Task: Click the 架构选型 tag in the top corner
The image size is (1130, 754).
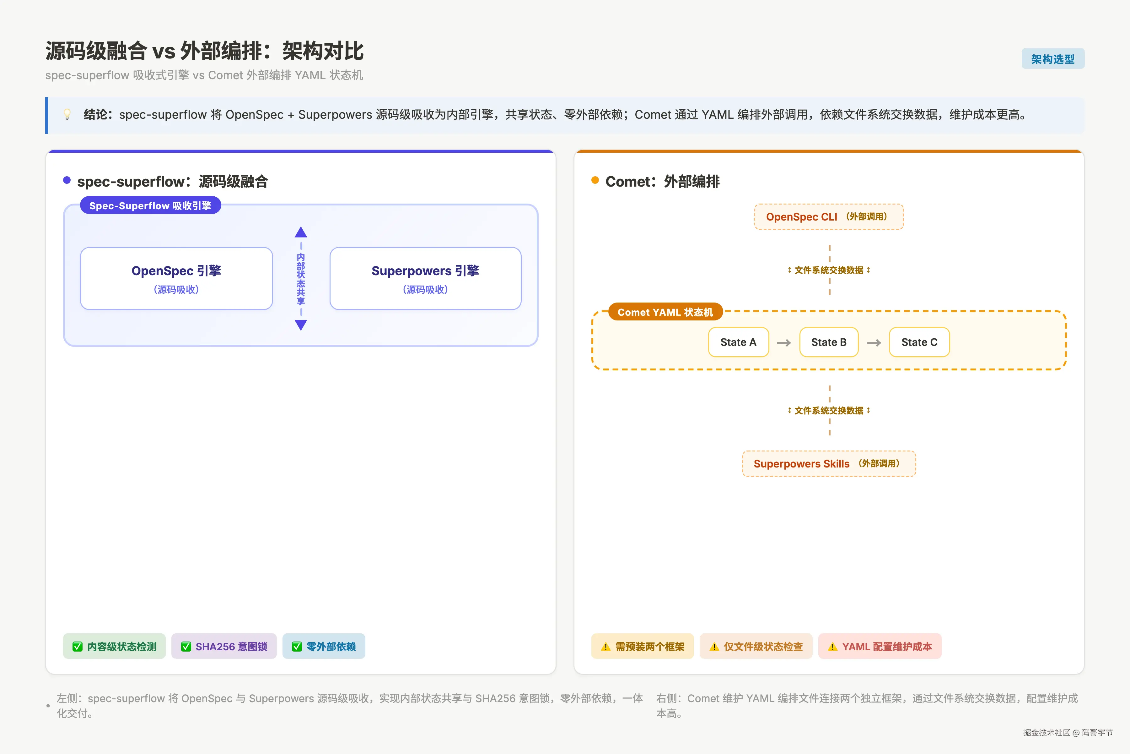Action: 1053,59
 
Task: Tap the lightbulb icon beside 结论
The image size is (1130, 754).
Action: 67,114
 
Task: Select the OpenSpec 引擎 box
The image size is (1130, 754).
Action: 176,278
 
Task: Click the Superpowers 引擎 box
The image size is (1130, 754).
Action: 425,278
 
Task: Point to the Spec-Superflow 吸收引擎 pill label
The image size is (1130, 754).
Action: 150,205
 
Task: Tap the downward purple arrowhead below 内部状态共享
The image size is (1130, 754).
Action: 301,325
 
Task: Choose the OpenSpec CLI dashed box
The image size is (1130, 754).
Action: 829,217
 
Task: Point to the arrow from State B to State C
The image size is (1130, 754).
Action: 874,343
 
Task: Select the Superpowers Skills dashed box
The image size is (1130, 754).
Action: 829,464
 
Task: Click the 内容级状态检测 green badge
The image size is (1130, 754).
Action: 114,646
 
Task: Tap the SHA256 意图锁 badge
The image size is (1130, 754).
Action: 224,646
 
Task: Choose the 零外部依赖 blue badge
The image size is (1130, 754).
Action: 324,646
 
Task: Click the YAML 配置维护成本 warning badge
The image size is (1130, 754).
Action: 880,646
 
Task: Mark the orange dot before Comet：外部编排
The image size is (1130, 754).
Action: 595,180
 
